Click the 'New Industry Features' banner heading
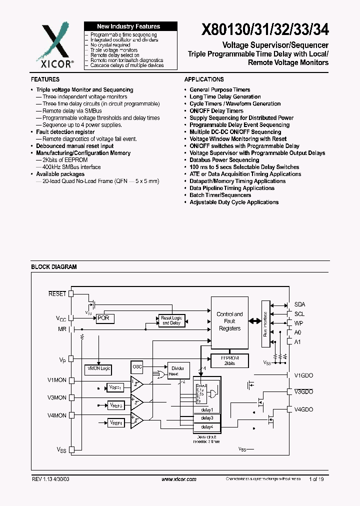[128, 26]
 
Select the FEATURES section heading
[45, 79]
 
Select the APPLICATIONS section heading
[204, 79]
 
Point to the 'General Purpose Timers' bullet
[219, 90]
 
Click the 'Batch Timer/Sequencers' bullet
[220, 195]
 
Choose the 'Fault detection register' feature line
[65, 132]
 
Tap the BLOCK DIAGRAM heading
[54, 267]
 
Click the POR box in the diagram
[105, 318]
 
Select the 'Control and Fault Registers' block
[229, 321]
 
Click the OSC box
[137, 366]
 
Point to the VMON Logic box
[98, 368]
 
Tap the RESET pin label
[57, 294]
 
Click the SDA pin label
[299, 304]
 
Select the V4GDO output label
[303, 409]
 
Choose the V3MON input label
[56, 398]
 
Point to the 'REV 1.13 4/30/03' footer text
[52, 479]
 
